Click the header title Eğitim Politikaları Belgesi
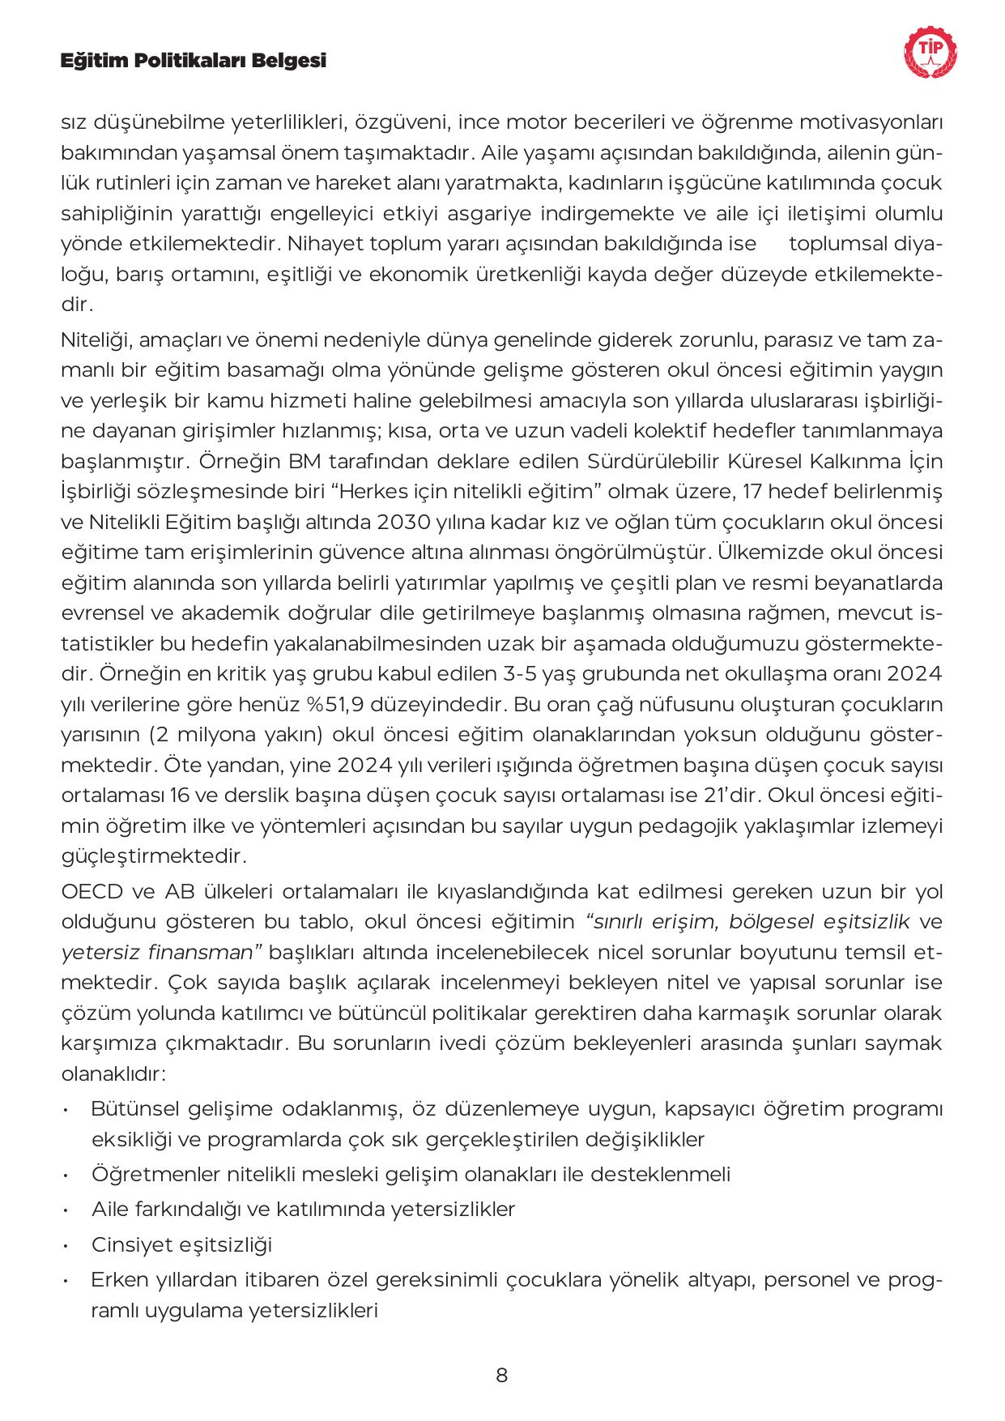[194, 61]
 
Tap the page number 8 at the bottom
[502, 1375]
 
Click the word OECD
[92, 891]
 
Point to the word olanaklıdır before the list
[113, 1074]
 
